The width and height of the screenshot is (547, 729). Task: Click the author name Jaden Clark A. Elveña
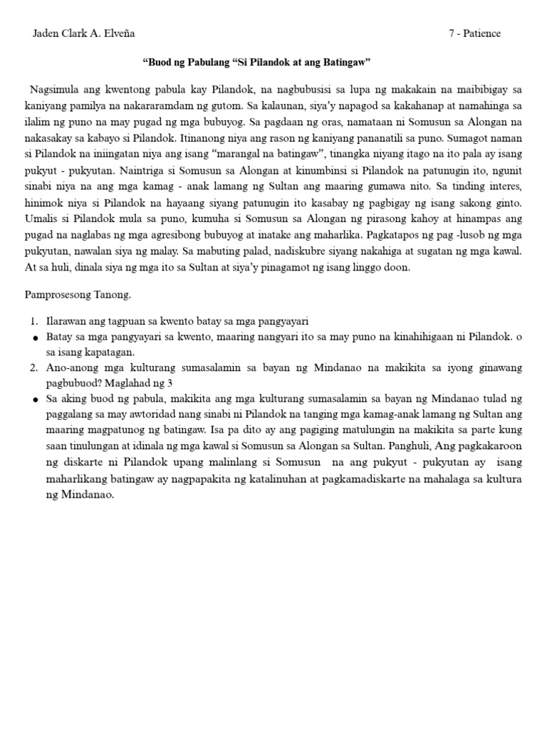[84, 33]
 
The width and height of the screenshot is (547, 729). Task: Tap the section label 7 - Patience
[475, 33]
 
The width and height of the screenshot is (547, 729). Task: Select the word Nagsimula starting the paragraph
[56, 90]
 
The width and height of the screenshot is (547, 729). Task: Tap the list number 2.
[34, 368]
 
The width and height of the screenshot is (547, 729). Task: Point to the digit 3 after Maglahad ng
[170, 383]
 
